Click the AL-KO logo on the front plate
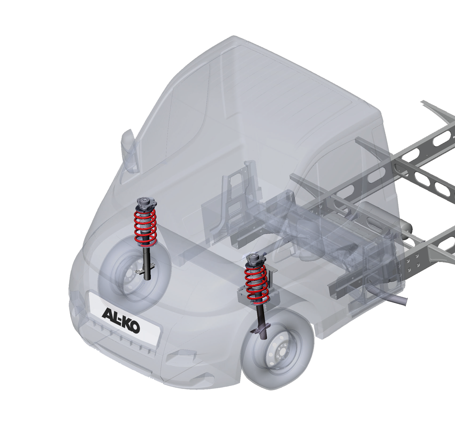pos(121,321)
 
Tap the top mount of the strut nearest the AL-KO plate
pos(146,204)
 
